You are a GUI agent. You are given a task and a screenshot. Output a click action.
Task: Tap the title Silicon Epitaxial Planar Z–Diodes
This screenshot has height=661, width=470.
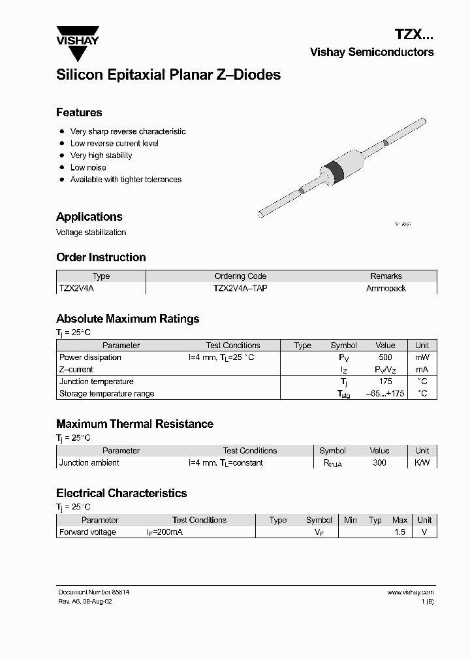[x=168, y=75]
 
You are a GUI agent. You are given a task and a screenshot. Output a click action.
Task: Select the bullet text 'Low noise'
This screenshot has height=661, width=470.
[x=88, y=167]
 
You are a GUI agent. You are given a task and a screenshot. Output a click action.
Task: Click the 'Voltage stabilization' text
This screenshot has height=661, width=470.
[x=91, y=233]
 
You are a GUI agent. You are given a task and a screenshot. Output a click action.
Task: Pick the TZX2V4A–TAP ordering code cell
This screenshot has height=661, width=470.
[x=240, y=288]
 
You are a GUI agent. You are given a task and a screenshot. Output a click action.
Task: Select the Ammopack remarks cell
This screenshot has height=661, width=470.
[x=386, y=288]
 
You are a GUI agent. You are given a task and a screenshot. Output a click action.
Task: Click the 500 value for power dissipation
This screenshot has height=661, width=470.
[x=385, y=357]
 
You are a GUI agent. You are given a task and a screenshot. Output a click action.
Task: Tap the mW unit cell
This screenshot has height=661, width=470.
[x=422, y=357]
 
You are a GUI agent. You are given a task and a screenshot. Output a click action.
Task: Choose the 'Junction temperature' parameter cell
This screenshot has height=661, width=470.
[x=97, y=381]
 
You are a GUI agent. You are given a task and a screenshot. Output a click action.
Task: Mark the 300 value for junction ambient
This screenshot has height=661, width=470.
[x=379, y=462]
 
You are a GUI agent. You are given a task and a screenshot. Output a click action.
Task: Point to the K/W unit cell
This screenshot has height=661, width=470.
[x=422, y=462]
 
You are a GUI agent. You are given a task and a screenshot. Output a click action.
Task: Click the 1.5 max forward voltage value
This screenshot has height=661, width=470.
[x=399, y=532]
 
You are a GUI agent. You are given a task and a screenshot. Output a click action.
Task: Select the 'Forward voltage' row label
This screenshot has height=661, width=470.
[x=87, y=532]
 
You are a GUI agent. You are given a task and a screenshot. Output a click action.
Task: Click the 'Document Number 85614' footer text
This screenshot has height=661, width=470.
[x=94, y=592]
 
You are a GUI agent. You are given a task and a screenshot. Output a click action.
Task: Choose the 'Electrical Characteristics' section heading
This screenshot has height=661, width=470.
[x=121, y=493]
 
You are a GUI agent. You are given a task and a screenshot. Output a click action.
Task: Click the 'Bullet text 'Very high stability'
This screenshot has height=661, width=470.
[x=101, y=155]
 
